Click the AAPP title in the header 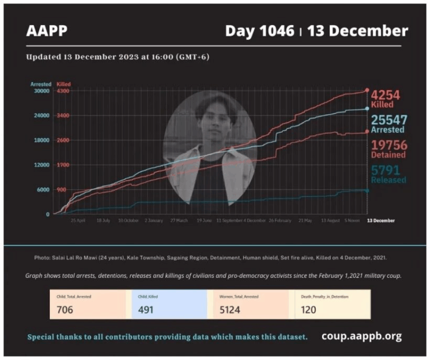(x=46, y=31)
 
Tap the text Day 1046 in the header (x=259, y=31)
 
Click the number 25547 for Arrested (x=389, y=120)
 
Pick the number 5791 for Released (x=386, y=171)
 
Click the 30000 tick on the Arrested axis (x=43, y=91)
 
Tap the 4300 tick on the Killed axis (x=63, y=91)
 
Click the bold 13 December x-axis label (x=380, y=221)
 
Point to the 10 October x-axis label (x=128, y=221)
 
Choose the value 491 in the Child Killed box (x=148, y=309)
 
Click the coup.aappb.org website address (x=361, y=336)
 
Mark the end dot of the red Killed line (x=367, y=90)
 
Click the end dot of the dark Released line (x=367, y=190)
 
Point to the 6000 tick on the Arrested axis (x=44, y=190)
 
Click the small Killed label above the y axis (x=63, y=84)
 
